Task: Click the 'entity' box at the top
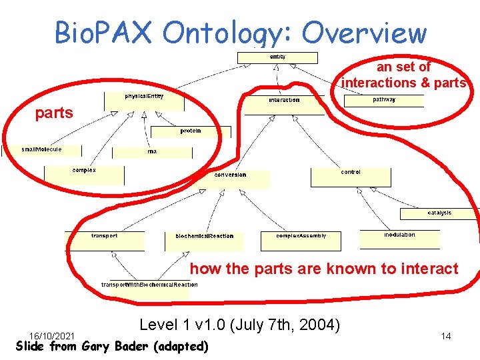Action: click(277, 58)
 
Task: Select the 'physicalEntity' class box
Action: click(144, 101)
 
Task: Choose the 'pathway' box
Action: click(383, 100)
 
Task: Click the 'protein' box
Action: click(190, 132)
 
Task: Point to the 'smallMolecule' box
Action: click(42, 151)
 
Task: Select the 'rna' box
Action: click(153, 152)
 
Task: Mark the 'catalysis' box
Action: click(439, 213)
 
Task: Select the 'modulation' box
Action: click(399, 238)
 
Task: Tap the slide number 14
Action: click(446, 337)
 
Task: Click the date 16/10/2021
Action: click(52, 335)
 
